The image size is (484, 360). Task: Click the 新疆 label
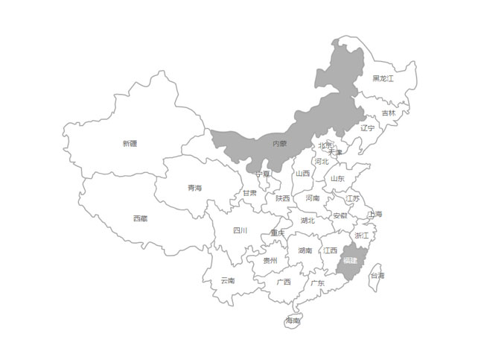click(130, 143)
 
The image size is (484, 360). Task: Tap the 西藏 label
click(140, 218)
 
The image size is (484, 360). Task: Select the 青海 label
click(194, 188)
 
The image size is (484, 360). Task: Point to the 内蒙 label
click(279, 143)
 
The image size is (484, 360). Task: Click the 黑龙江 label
click(383, 78)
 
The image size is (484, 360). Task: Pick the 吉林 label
click(389, 113)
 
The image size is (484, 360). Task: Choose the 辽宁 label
click(368, 127)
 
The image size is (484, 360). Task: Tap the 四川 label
click(240, 230)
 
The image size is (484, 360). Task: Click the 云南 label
click(227, 280)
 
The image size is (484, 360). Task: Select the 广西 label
click(284, 282)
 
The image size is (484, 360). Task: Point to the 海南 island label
click(293, 320)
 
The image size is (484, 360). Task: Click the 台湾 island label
click(378, 276)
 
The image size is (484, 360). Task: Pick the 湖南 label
click(305, 250)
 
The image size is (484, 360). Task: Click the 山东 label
click(337, 179)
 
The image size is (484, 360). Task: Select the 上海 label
click(375, 215)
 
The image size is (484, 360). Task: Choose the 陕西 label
click(282, 198)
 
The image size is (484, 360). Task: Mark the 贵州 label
click(270, 261)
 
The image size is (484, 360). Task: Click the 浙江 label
click(361, 235)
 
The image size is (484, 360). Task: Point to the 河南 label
click(312, 198)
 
